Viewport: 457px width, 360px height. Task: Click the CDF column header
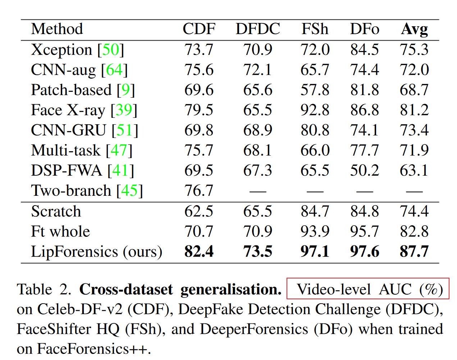point(199,29)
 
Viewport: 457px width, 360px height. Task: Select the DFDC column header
point(258,29)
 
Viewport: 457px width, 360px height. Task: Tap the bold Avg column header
point(415,29)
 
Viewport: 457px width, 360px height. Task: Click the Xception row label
point(61,50)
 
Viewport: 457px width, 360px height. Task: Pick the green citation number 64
point(114,70)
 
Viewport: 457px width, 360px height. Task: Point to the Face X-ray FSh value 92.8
point(315,110)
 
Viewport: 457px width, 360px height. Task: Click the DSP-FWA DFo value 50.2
point(365,170)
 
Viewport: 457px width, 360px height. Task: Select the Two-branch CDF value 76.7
point(199,191)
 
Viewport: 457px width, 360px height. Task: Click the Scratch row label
point(56,211)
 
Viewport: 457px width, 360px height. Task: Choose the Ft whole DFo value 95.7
point(365,231)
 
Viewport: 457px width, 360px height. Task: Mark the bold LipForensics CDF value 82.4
point(199,251)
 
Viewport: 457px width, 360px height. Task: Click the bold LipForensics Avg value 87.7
point(414,251)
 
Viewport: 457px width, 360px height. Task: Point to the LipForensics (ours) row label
point(96,251)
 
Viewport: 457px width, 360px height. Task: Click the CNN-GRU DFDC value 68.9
point(258,130)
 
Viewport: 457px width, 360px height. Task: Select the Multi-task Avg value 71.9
point(414,150)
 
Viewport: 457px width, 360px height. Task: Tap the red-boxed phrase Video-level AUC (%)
point(368,289)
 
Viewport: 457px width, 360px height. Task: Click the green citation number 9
point(125,90)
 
